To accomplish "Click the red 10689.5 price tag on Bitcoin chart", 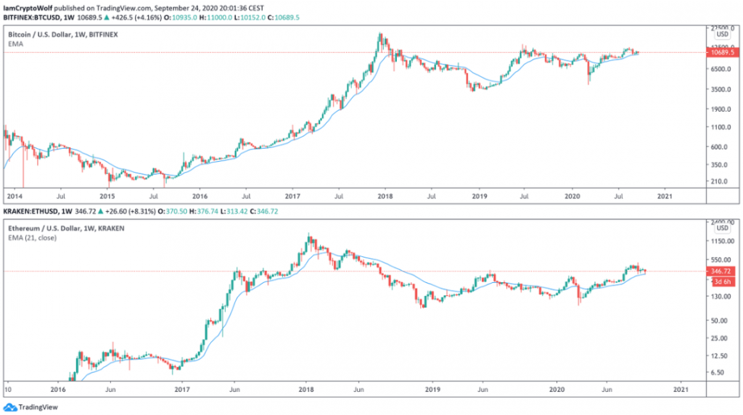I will (x=722, y=53).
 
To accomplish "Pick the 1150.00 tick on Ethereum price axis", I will (x=722, y=240).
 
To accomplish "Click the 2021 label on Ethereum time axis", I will (x=680, y=389).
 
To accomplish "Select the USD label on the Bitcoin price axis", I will (x=722, y=34).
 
